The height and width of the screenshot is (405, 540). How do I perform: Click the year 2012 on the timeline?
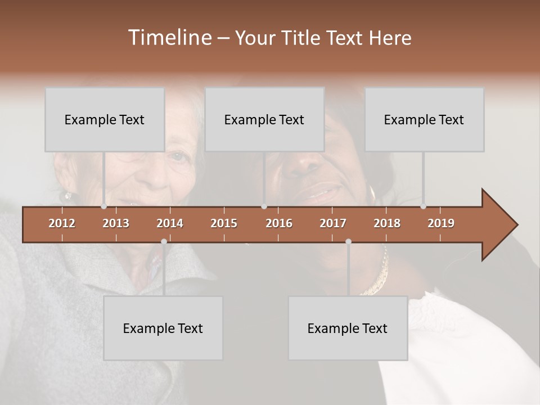click(x=62, y=223)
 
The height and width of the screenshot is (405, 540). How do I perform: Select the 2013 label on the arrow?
click(x=116, y=223)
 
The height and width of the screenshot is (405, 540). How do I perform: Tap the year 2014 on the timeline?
click(x=170, y=223)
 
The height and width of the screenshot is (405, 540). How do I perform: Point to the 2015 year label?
click(x=224, y=223)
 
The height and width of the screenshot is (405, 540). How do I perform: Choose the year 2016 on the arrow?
click(x=279, y=223)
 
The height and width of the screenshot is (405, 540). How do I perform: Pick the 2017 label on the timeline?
click(x=333, y=223)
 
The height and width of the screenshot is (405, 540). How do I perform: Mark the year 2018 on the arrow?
click(x=387, y=223)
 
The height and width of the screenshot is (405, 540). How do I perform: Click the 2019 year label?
click(x=441, y=223)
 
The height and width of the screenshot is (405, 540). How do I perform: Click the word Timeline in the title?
click(x=168, y=38)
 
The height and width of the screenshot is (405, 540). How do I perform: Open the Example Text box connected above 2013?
click(x=105, y=119)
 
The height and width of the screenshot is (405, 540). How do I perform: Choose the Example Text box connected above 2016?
click(x=264, y=119)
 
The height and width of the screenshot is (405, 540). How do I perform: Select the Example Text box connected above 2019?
click(x=424, y=119)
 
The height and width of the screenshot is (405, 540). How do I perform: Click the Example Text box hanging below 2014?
click(x=163, y=328)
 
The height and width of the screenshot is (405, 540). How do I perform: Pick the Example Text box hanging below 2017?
click(x=348, y=328)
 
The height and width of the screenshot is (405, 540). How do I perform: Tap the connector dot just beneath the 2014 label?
click(x=164, y=241)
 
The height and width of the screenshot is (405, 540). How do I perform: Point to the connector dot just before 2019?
click(x=423, y=206)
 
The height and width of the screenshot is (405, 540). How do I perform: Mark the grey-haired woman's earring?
click(x=67, y=196)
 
